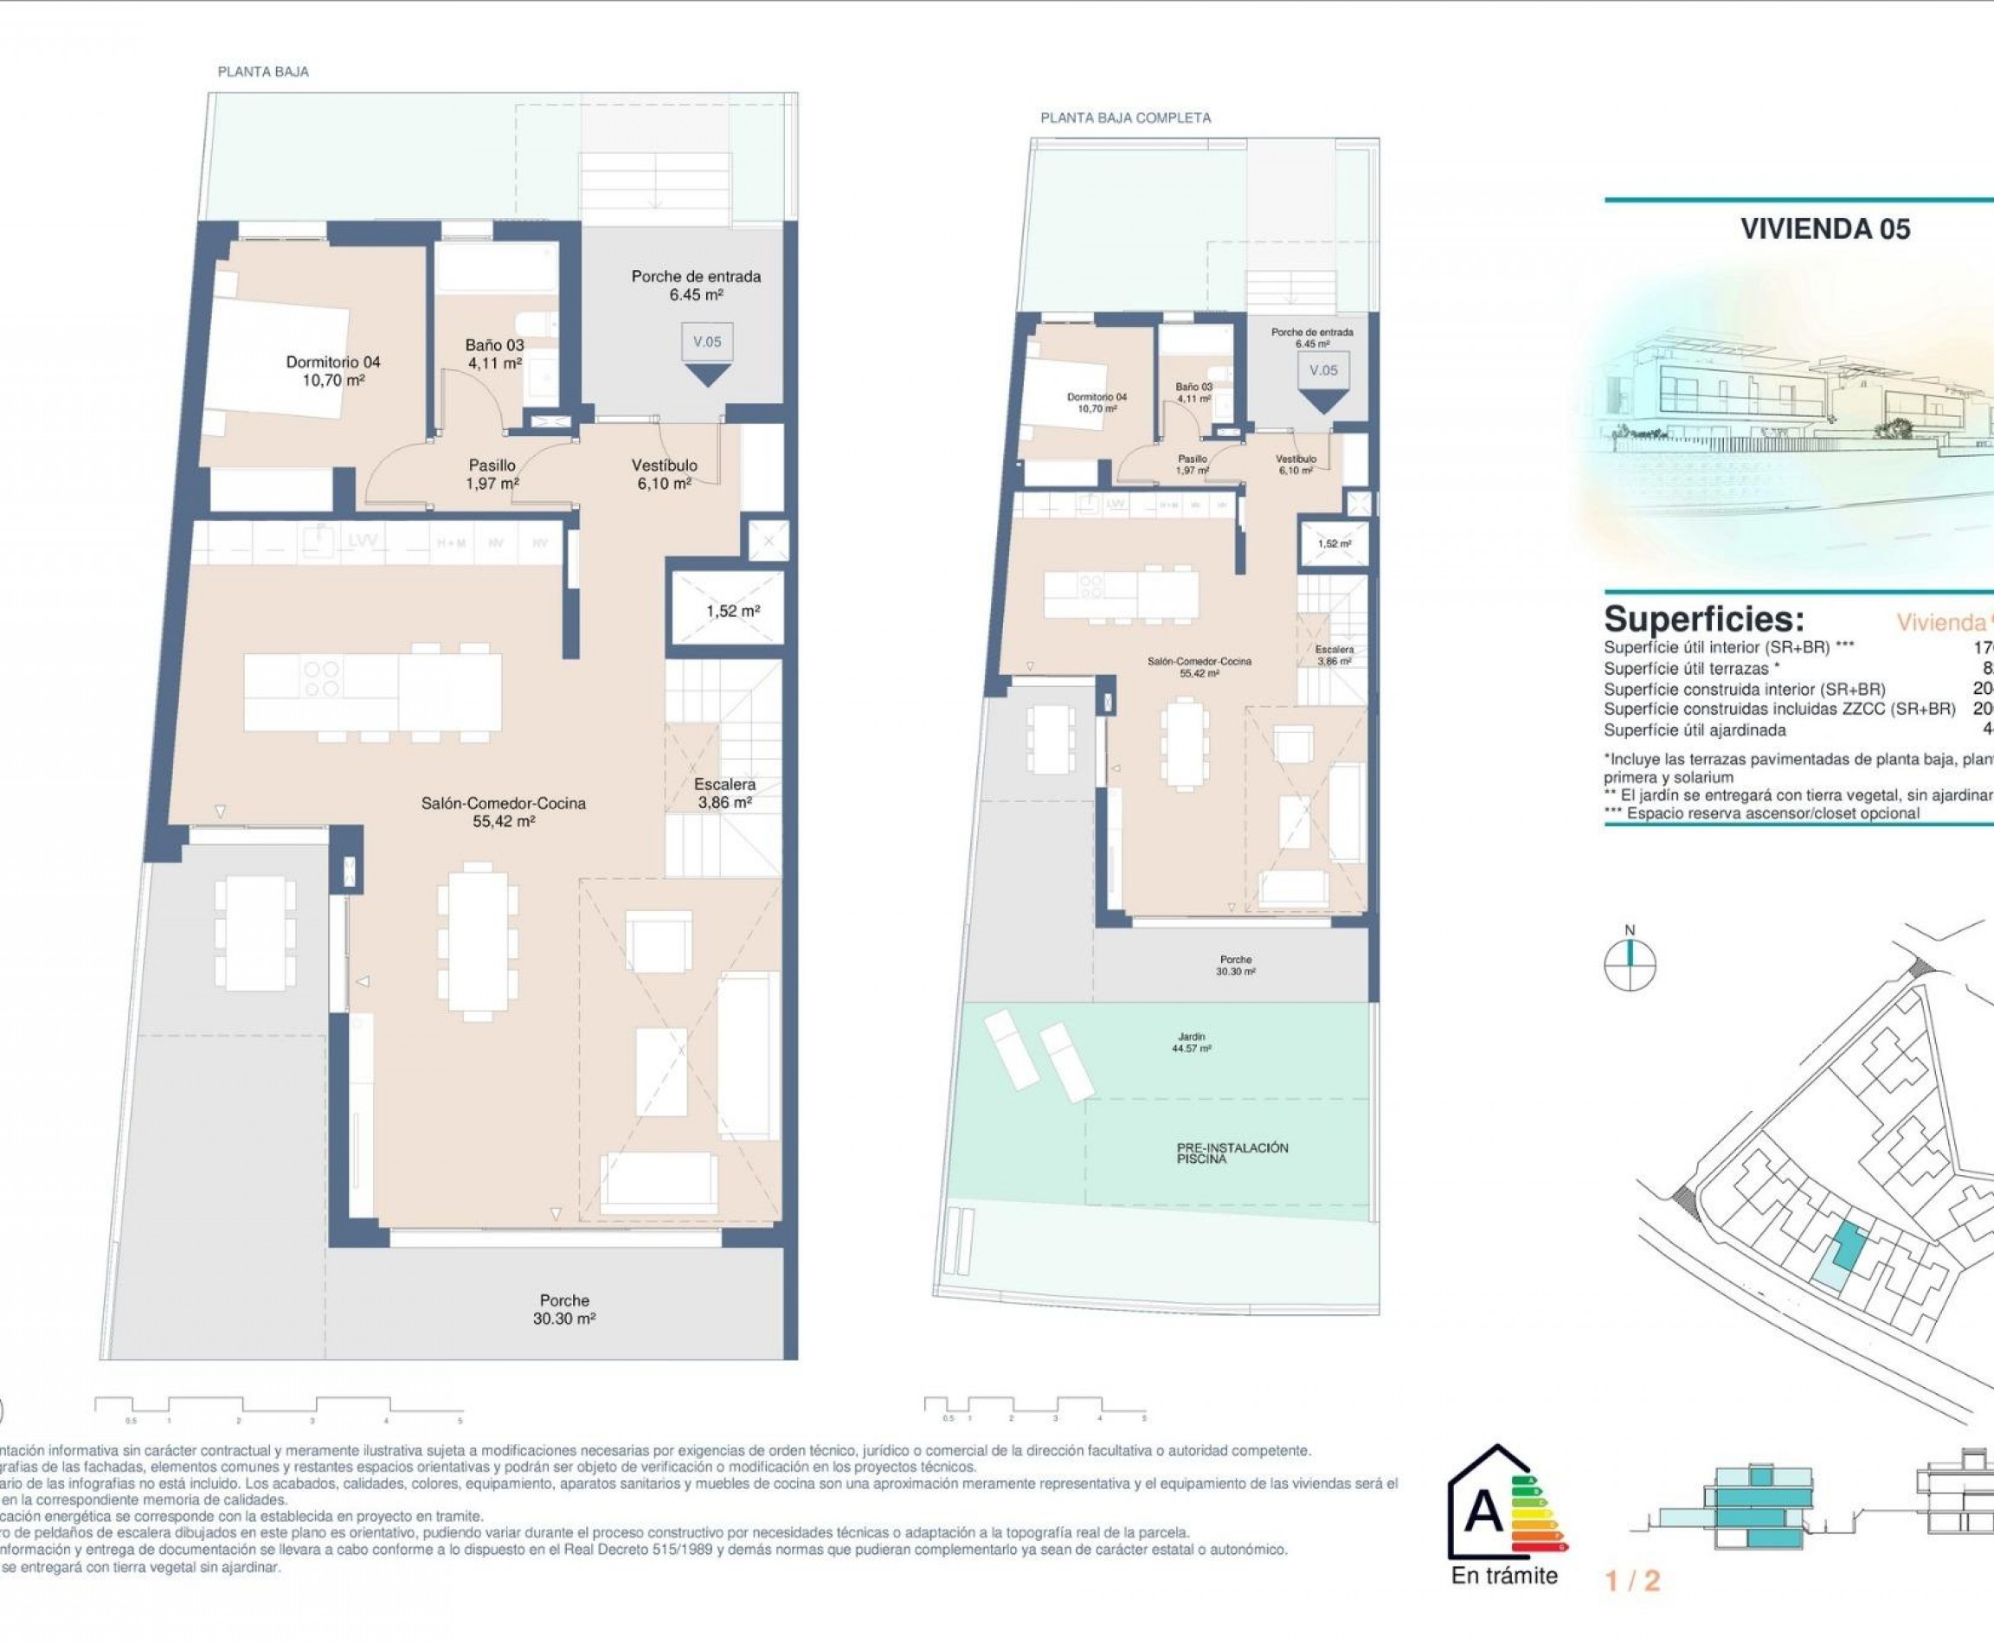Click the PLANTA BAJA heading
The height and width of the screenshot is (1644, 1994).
click(262, 71)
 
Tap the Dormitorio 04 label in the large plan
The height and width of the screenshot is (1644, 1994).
click(332, 370)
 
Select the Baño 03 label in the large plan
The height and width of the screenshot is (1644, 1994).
click(493, 353)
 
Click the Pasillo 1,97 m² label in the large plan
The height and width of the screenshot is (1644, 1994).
click(492, 473)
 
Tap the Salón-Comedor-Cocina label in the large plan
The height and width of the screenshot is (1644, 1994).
click(503, 812)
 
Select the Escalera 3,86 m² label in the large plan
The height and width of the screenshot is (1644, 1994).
click(724, 793)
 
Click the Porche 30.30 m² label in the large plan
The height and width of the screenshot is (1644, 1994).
click(564, 1309)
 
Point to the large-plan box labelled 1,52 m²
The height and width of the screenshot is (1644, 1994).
click(731, 611)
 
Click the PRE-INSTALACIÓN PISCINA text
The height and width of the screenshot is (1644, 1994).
click(1232, 1153)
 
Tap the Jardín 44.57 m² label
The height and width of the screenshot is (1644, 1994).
click(1193, 1043)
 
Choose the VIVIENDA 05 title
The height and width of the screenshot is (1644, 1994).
click(1824, 228)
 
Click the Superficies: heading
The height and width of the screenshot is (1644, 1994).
click(1702, 620)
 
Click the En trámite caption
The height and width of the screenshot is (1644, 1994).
click(1503, 1576)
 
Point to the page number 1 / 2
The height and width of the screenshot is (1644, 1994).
click(1632, 1581)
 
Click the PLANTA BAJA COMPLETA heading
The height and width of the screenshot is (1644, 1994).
click(1124, 118)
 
